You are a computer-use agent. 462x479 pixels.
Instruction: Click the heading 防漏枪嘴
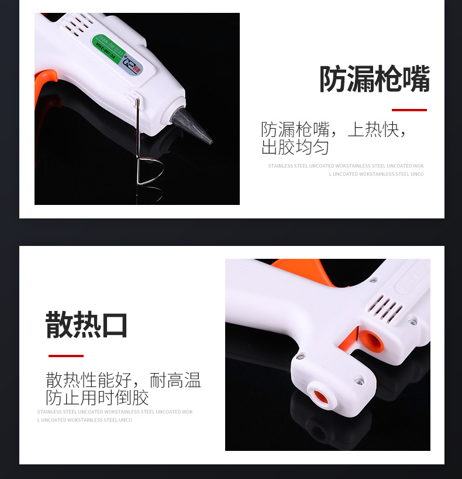tap(374, 79)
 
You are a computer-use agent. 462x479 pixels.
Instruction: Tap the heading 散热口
tap(87, 326)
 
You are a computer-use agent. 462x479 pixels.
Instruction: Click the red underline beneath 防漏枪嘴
tap(409, 110)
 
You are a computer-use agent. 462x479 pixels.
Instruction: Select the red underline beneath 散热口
tap(65, 355)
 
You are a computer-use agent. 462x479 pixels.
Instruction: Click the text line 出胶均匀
tap(295, 147)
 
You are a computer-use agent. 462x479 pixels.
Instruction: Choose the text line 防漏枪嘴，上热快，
tap(333, 129)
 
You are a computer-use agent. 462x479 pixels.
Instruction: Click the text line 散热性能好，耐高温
tap(123, 381)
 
